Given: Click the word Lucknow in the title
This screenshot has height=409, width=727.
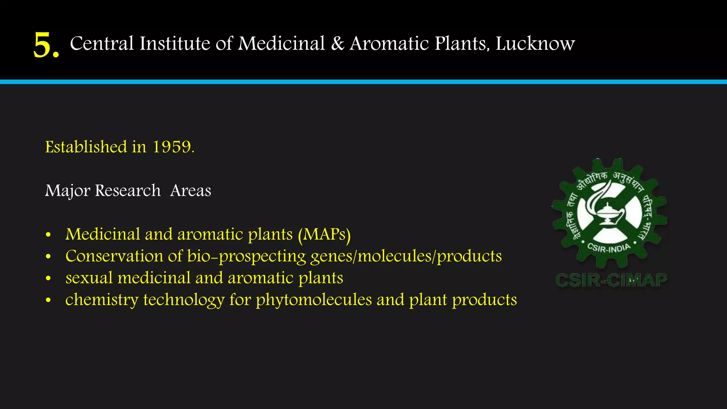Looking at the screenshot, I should [x=535, y=44].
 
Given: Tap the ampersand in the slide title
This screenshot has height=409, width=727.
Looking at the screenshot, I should [x=338, y=44].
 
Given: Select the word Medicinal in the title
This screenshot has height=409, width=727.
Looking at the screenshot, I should [x=281, y=44].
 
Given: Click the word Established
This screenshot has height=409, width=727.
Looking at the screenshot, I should [x=86, y=147].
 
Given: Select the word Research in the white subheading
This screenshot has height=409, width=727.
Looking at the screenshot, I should [x=128, y=191].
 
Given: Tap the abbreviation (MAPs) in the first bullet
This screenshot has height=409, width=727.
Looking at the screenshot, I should [x=324, y=235].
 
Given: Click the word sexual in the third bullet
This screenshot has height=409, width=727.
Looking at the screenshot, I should [x=89, y=278].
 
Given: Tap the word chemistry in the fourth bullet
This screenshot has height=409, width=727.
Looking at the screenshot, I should [x=102, y=300].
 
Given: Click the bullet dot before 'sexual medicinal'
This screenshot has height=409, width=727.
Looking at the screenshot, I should [x=49, y=279].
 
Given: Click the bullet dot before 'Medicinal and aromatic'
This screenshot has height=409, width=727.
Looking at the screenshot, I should [x=49, y=235].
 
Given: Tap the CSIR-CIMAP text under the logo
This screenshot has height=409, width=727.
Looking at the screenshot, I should [x=611, y=280].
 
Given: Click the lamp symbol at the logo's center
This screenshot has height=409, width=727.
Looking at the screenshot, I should [x=608, y=213].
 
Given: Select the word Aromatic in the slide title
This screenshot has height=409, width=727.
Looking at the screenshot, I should [x=389, y=44].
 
